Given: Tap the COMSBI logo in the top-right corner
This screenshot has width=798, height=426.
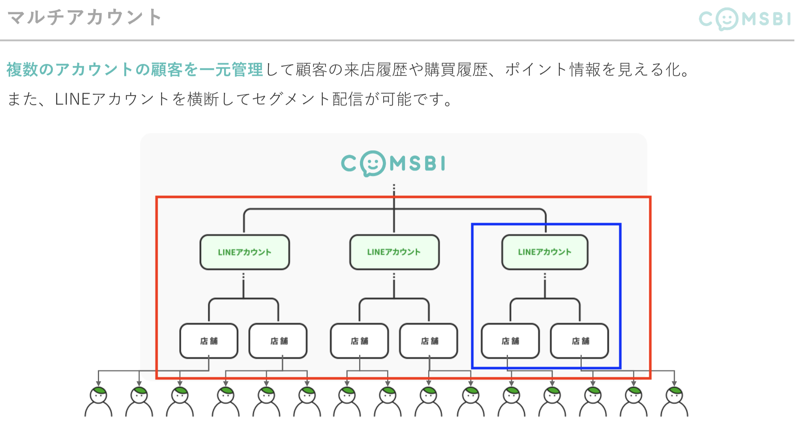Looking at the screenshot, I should [745, 19].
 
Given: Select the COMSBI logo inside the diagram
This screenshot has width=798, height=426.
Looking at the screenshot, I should [393, 163].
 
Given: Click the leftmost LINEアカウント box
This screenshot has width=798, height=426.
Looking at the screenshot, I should [245, 252].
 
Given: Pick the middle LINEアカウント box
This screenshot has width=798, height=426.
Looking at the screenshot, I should [394, 252].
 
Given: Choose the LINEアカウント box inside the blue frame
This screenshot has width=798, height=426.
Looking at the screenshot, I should [545, 252].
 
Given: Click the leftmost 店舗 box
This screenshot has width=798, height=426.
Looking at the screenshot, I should [209, 341].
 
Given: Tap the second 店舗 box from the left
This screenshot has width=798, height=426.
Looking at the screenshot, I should [278, 341].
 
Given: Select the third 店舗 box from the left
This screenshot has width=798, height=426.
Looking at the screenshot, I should [360, 341].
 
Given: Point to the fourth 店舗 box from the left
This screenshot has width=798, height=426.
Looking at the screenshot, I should [429, 341].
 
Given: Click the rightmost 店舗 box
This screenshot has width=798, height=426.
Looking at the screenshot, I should [580, 341].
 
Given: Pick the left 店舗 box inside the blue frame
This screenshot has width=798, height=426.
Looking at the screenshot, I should [510, 341].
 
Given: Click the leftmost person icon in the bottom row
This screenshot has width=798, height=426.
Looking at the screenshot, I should [99, 402].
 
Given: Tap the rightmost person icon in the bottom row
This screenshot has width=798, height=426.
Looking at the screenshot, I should [674, 402].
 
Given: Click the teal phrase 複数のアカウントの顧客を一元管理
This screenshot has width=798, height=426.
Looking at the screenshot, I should [135, 70].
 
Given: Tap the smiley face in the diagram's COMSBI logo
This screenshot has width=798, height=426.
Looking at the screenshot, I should [373, 163].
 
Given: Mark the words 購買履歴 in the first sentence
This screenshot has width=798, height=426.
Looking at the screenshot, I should [456, 70].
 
